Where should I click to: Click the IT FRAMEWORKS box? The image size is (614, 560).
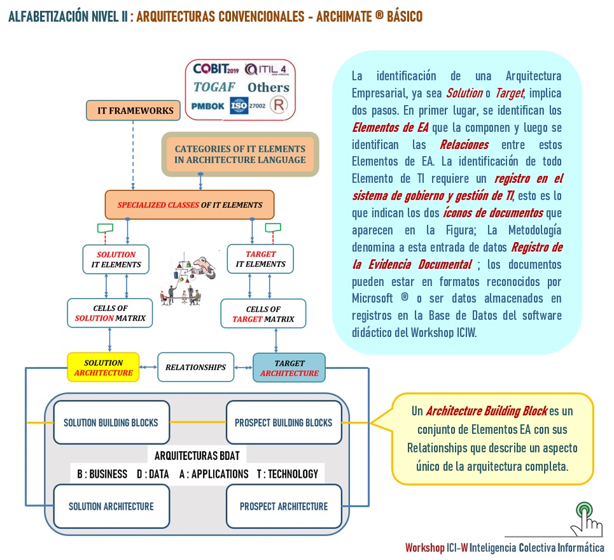coord(135,110)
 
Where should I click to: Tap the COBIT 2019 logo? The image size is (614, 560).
coord(216,69)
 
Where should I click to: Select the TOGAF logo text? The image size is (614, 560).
coord(214,87)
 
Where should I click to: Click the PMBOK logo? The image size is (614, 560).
coord(208,106)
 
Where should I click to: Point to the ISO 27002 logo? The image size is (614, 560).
coord(248,105)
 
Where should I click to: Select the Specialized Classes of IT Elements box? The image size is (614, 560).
coord(189,205)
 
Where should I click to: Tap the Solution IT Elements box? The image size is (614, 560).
coord(116,259)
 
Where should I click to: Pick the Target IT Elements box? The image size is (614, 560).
coord(261,259)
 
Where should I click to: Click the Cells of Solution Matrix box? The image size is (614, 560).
coord(110,313)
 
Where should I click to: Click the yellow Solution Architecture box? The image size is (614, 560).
coord(104,368)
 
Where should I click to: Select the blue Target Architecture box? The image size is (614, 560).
coord(289,368)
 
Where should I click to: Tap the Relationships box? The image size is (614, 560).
coord(195,367)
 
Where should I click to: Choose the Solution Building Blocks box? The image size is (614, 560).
coord(111,422)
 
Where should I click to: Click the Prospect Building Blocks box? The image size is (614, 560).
coord(284,422)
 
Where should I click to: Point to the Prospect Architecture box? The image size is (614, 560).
coord(284,506)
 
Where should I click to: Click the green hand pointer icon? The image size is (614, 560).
coord(585,519)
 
